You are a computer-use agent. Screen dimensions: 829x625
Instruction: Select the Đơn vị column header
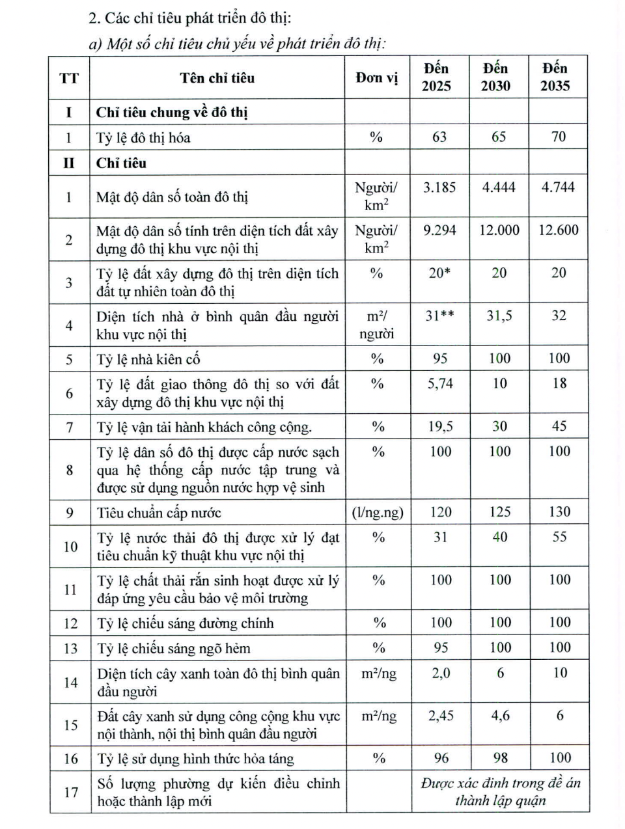coord(377,78)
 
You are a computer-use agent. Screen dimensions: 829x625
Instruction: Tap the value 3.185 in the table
coord(439,187)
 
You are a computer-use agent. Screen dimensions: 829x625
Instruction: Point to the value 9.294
coord(439,230)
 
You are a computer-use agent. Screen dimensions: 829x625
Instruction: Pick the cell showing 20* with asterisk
coord(439,273)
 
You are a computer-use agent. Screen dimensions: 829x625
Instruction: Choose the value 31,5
coord(499,316)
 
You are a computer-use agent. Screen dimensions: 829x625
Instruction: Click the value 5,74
coord(440,384)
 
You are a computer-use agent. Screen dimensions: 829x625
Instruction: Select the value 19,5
coord(440,427)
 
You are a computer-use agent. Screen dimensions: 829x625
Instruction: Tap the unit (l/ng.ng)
coord(378,513)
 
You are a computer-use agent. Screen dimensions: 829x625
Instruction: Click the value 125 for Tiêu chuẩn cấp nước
coord(499,512)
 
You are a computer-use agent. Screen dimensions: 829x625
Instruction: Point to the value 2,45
coord(441,716)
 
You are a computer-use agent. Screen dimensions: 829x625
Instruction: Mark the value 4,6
coord(500,716)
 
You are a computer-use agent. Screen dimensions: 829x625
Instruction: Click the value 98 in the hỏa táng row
coord(500,758)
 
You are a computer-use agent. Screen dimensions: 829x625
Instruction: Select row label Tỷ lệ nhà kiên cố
coord(148,359)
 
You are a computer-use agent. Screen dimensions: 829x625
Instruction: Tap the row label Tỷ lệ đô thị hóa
coord(143,138)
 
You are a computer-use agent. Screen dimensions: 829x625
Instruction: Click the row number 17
coord(70,792)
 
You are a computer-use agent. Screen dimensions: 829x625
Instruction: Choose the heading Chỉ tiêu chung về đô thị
coord(172,113)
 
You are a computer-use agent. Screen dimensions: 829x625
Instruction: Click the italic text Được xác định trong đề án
coord(500,783)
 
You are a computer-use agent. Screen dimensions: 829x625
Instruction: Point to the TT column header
coord(69,78)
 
